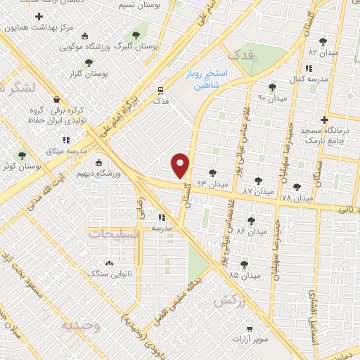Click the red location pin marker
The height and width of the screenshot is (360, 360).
(181, 165)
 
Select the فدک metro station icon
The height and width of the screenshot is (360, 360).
(160, 90)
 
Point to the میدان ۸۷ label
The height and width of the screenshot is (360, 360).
(257, 191)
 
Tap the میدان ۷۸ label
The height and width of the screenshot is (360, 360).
(296, 198)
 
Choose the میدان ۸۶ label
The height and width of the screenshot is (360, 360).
(252, 231)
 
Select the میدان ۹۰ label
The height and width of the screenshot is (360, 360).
(273, 98)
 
